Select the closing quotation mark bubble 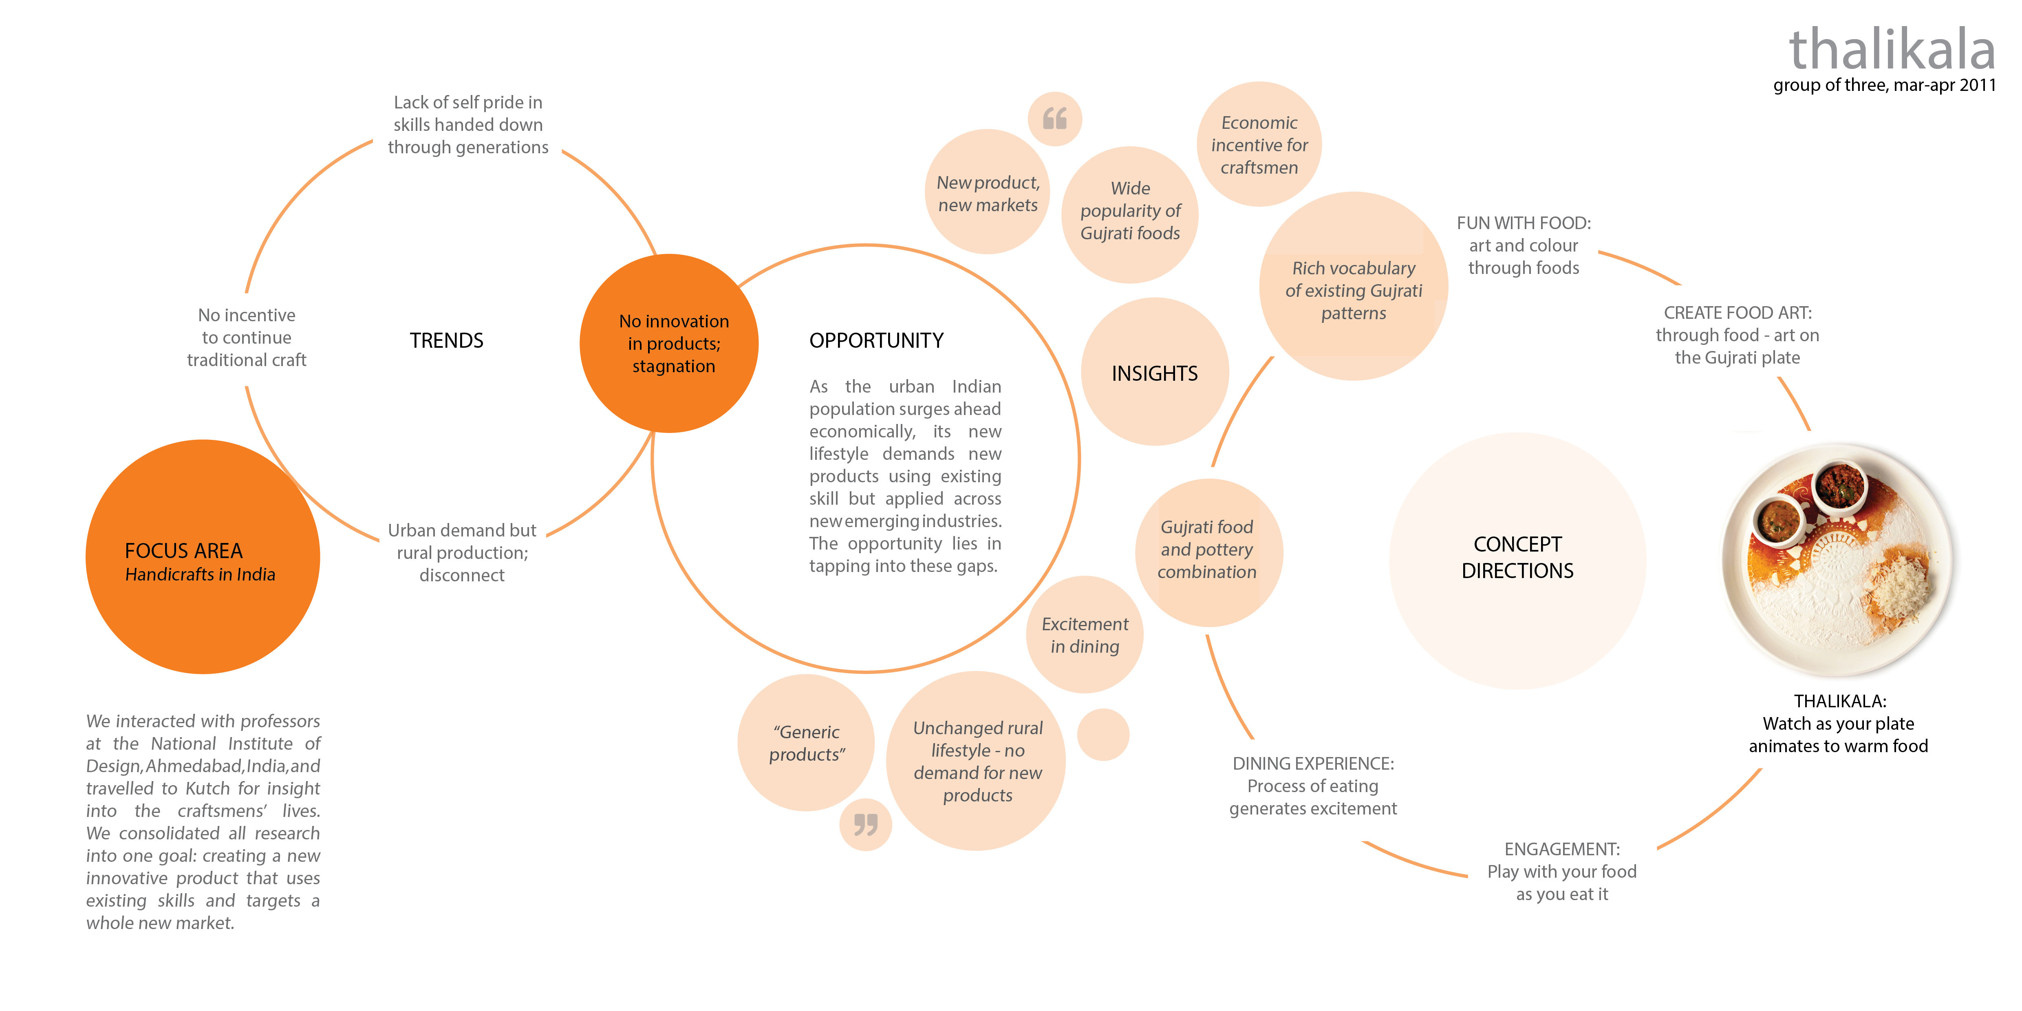[866, 824]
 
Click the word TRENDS [447, 341]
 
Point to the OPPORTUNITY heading [876, 341]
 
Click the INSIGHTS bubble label [1155, 374]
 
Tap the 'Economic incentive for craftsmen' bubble [1259, 144]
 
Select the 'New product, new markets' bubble [988, 192]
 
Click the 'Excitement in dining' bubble [1085, 635]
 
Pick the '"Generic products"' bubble [806, 742]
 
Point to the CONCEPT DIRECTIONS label [1517, 557]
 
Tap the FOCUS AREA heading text [184, 551]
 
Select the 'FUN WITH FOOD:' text [1524, 223]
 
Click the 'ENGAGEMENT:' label [1562, 849]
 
